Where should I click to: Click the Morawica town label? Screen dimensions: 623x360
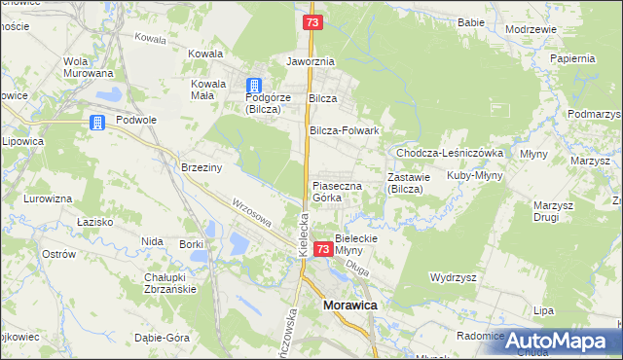click(349, 306)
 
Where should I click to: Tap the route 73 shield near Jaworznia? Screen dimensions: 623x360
click(311, 21)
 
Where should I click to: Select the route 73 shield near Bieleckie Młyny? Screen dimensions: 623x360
click(323, 251)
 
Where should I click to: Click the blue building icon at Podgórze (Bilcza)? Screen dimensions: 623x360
click(254, 86)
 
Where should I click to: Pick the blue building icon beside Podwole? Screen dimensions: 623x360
click(97, 123)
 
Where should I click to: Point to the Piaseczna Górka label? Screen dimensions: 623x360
click(337, 191)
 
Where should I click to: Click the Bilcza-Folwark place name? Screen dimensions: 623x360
click(344, 129)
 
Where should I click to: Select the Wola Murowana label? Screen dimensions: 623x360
click(88, 66)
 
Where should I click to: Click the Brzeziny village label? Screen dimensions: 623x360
click(202, 167)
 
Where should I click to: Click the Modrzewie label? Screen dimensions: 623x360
click(531, 29)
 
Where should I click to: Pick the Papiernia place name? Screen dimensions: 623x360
click(572, 57)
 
